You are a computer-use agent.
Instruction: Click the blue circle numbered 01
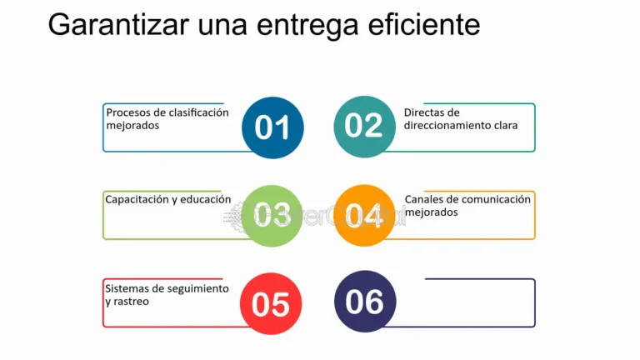click(x=272, y=127)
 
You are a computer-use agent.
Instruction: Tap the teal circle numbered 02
click(x=364, y=126)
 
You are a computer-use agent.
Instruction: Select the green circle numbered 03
click(x=272, y=215)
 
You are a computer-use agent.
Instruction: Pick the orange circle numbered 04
click(x=364, y=215)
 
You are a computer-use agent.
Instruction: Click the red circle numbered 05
click(x=270, y=304)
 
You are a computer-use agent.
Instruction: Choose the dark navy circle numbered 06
click(x=364, y=302)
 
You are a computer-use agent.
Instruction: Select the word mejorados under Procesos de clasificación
click(x=132, y=126)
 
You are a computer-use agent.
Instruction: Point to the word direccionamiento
click(x=447, y=126)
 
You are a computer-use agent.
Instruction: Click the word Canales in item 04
click(x=425, y=200)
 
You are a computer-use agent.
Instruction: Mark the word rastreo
click(x=132, y=302)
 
